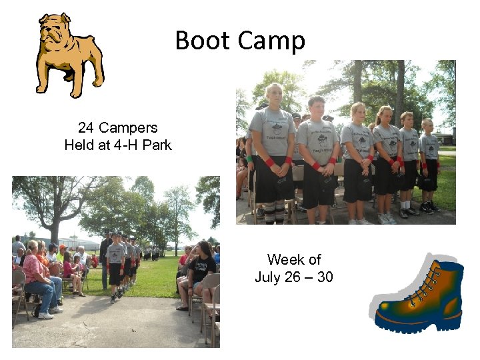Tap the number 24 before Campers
click(x=85, y=127)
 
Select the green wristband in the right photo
click(x=250, y=160)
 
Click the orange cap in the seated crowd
click(x=63, y=247)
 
